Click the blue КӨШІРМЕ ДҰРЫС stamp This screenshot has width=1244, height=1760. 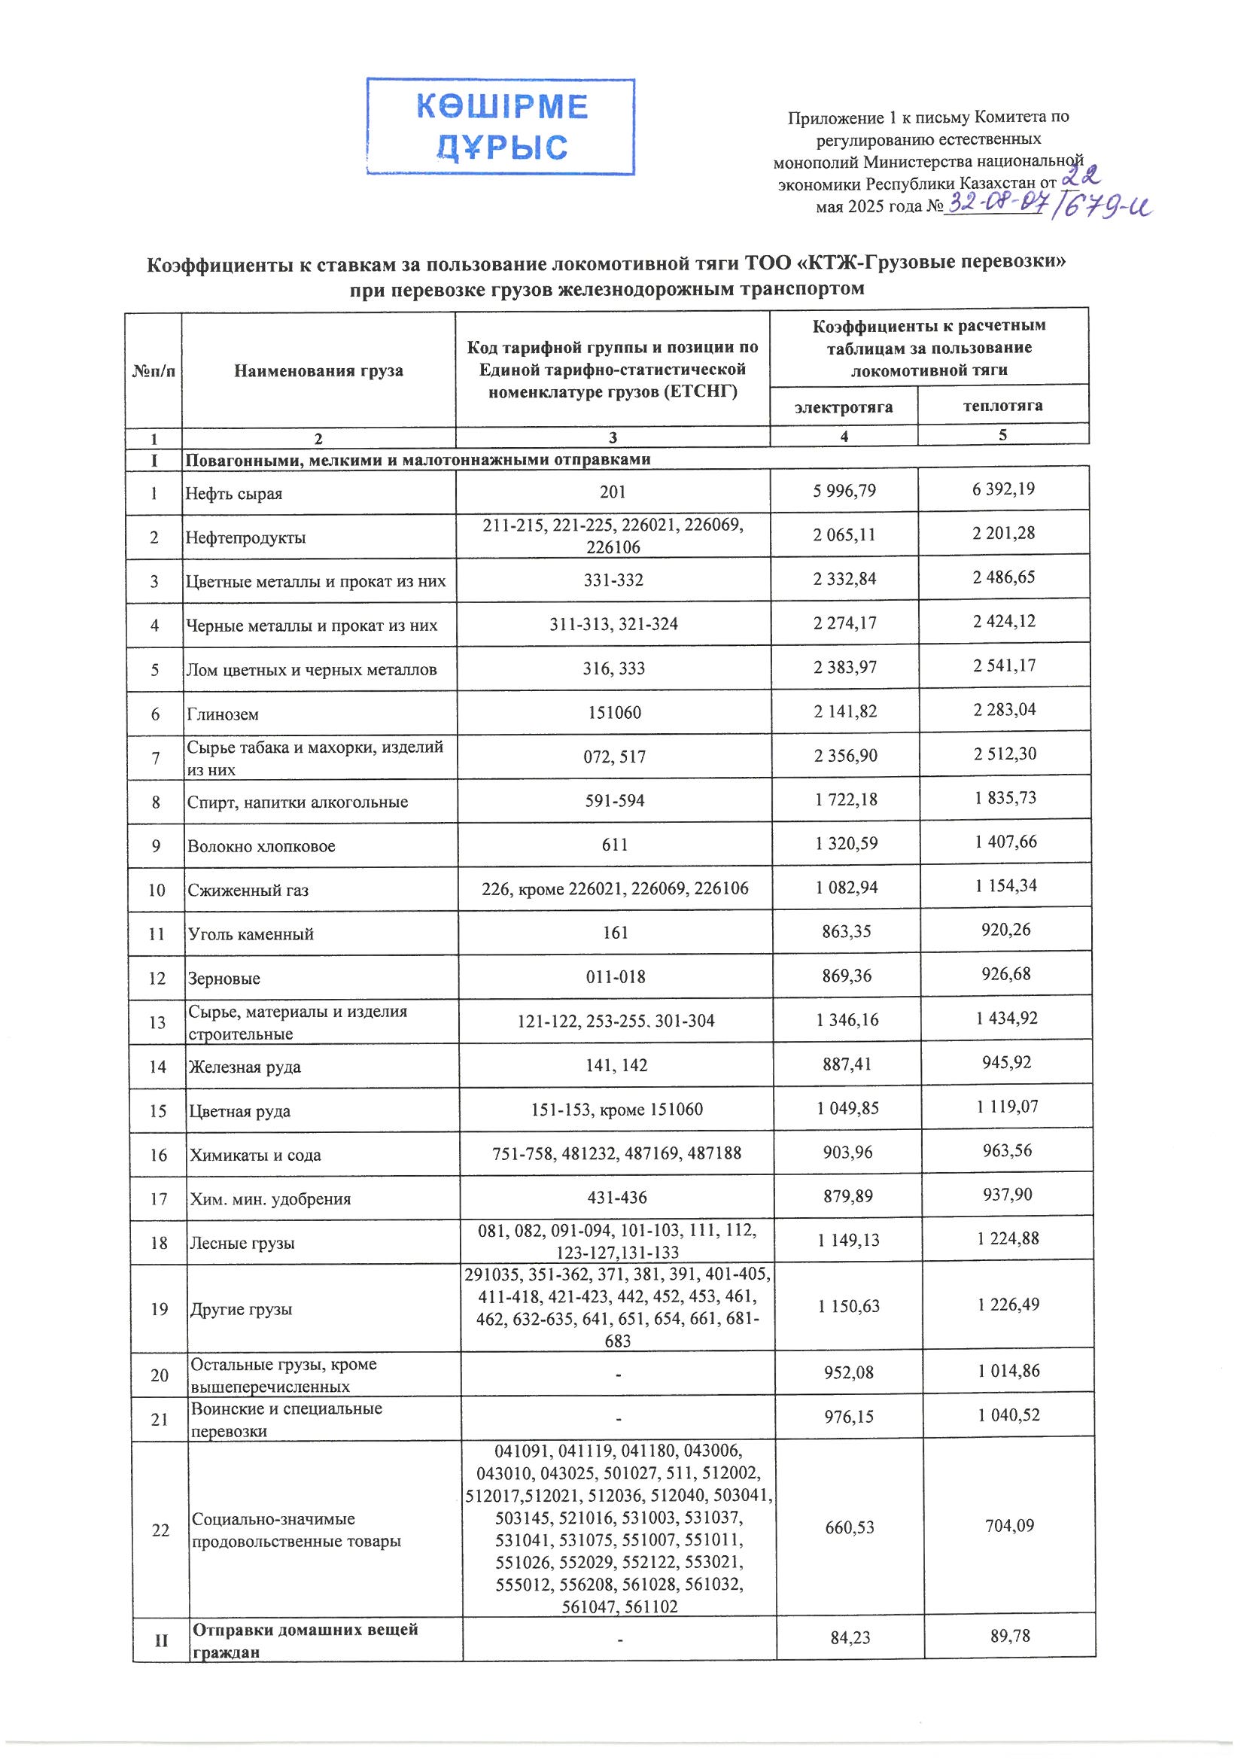(x=500, y=126)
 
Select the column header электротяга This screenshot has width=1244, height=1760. (x=843, y=407)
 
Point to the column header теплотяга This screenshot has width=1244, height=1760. (x=1002, y=406)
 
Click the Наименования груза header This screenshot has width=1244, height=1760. (x=318, y=371)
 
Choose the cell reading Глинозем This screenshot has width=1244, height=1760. (x=223, y=714)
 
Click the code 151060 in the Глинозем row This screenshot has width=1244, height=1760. (x=613, y=713)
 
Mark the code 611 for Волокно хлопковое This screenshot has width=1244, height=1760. (x=615, y=845)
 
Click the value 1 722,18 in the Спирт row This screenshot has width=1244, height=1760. (x=845, y=799)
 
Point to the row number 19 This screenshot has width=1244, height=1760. (x=159, y=1309)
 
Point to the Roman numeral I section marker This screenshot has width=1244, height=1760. (x=154, y=460)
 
